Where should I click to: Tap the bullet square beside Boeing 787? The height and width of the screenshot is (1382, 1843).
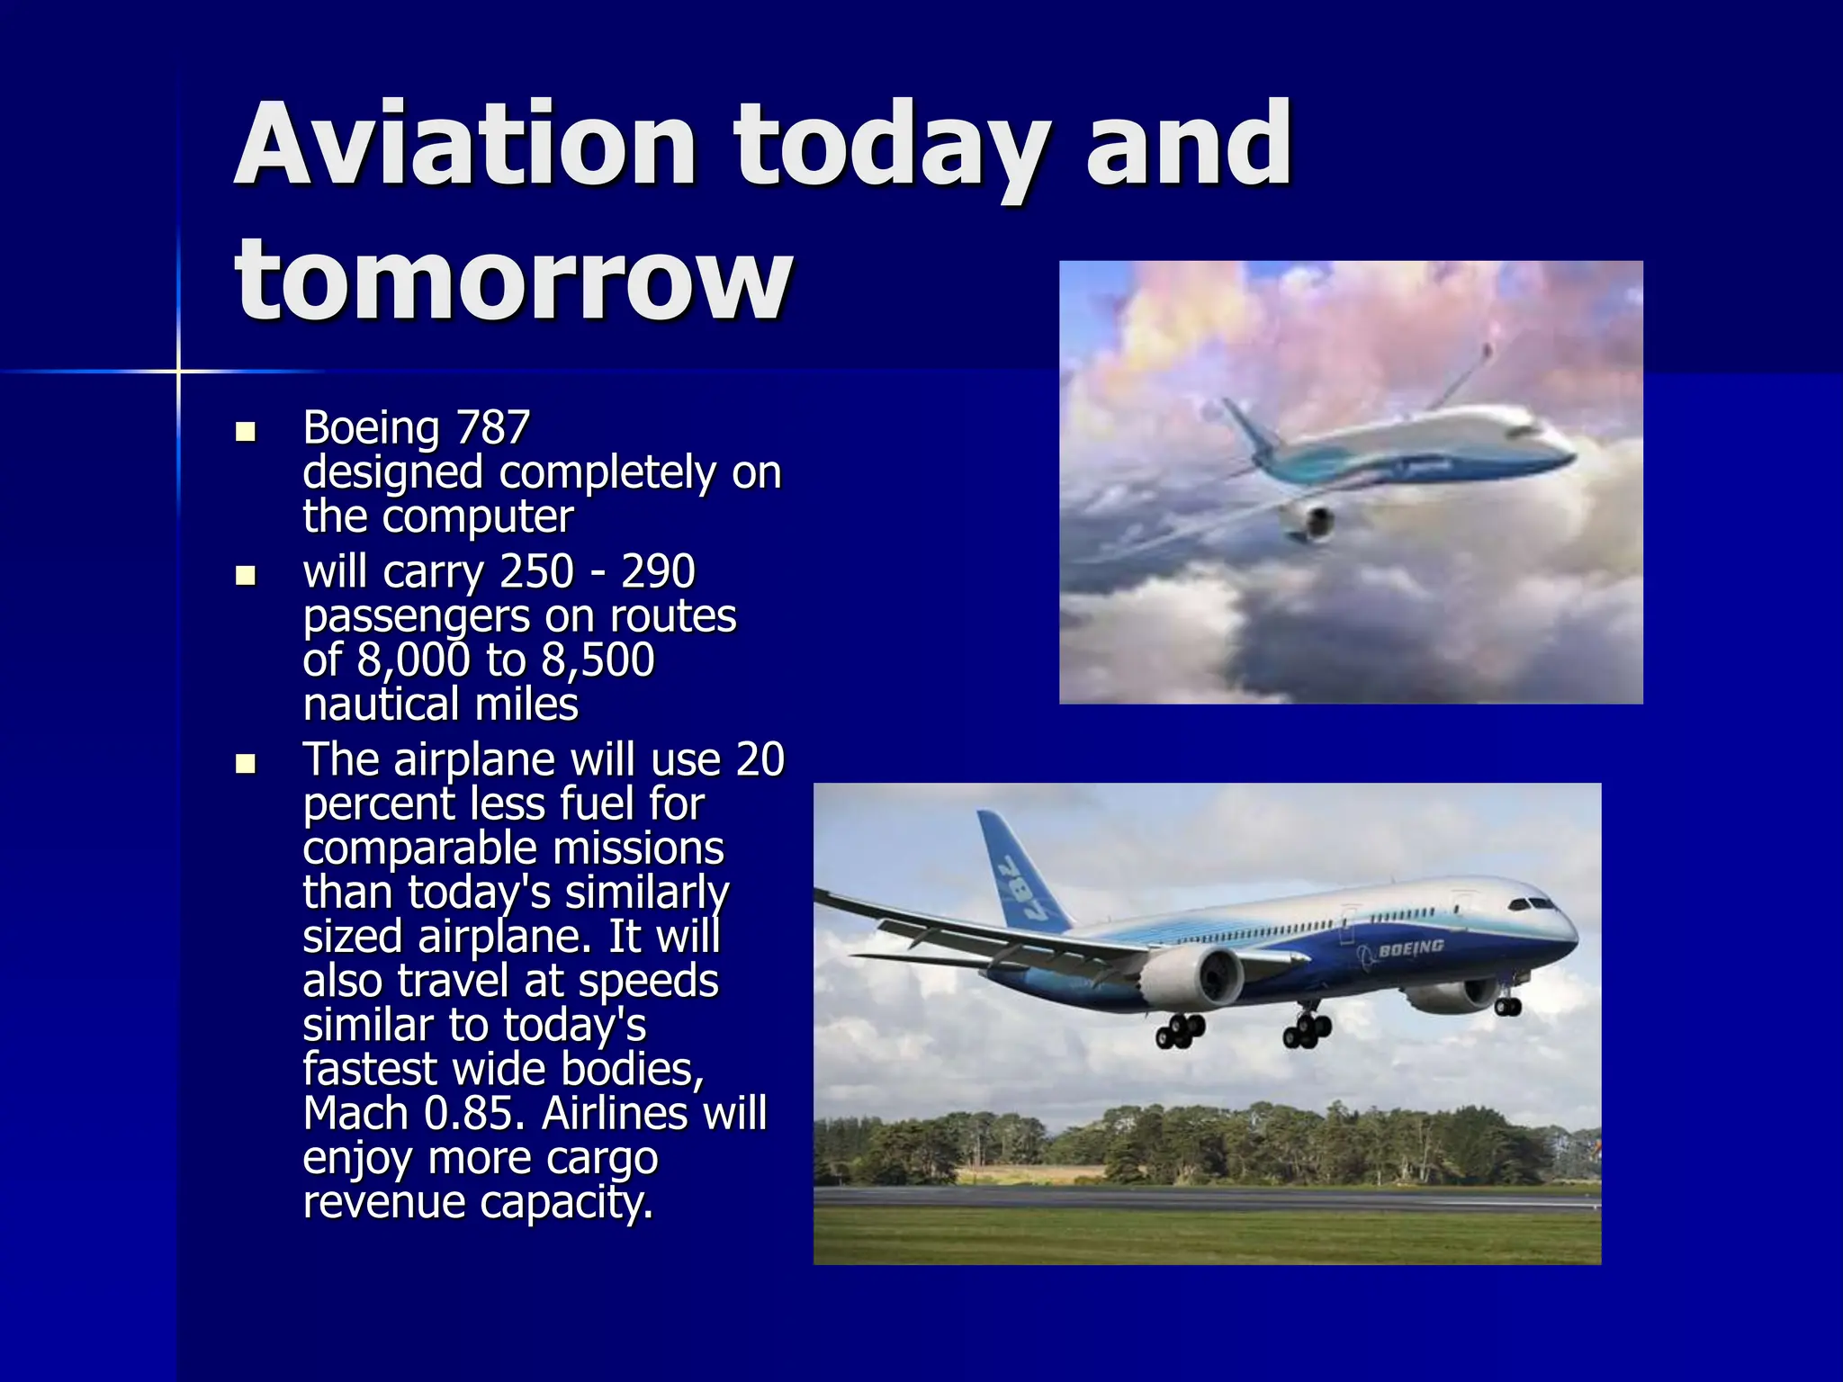pyautogui.click(x=245, y=432)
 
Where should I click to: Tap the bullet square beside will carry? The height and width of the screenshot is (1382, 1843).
pyautogui.click(x=245, y=575)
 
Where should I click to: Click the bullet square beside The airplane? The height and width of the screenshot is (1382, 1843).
pyautogui.click(x=245, y=764)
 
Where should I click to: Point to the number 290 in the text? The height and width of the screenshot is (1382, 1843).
pyautogui.click(x=658, y=571)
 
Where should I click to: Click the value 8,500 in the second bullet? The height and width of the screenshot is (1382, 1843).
pyautogui.click(x=598, y=660)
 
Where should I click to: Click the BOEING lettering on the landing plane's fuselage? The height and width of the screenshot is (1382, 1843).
pyautogui.click(x=1410, y=947)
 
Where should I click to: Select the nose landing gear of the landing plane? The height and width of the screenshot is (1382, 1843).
pyautogui.click(x=1507, y=1004)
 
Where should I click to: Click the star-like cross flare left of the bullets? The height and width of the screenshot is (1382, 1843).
pyautogui.click(x=178, y=371)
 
